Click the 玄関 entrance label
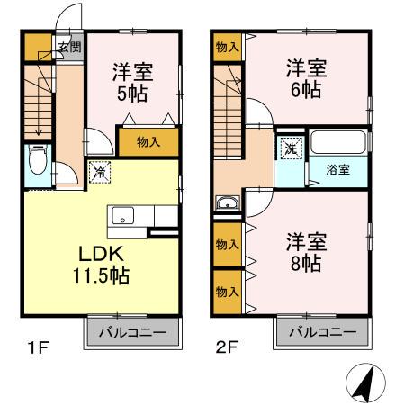pyautogui.click(x=69, y=48)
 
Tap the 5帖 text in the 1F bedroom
pyautogui.click(x=130, y=92)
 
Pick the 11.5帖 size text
pyautogui.click(x=99, y=275)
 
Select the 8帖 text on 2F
pyautogui.click(x=305, y=265)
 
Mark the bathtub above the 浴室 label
pyautogui.click(x=337, y=143)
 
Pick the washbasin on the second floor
pyautogui.click(x=228, y=202)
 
